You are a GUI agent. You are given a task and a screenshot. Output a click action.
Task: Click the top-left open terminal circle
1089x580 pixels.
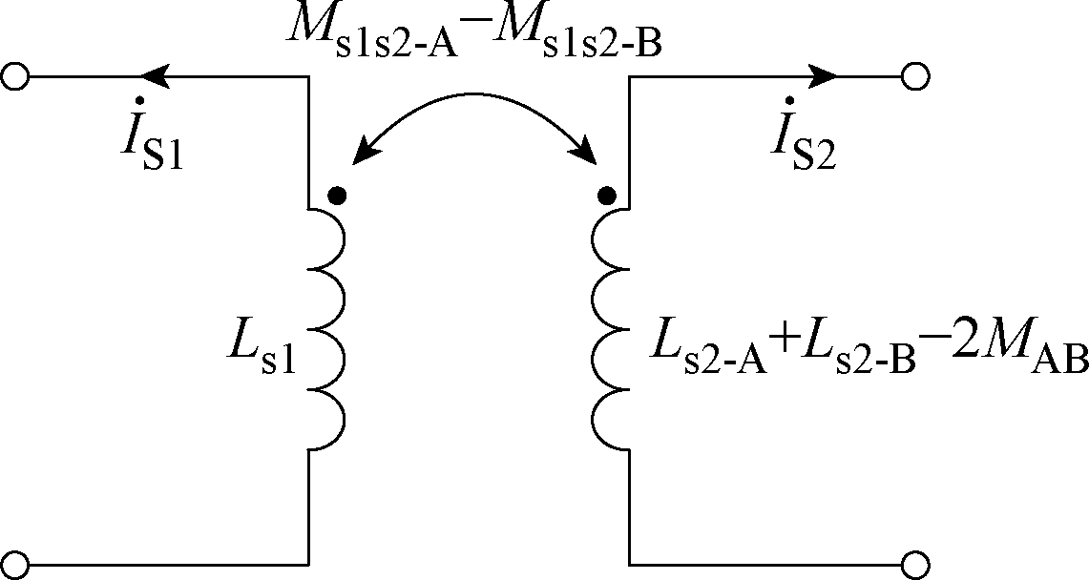point(14,76)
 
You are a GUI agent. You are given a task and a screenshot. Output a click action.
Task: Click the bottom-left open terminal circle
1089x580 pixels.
point(14,565)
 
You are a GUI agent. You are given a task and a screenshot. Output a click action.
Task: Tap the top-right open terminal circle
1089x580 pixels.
point(916,76)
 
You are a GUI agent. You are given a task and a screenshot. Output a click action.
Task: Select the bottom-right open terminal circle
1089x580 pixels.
point(916,565)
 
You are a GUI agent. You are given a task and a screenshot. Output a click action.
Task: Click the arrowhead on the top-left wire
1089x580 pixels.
point(155,76)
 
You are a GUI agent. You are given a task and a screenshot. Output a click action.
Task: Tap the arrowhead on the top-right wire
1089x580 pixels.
point(822,76)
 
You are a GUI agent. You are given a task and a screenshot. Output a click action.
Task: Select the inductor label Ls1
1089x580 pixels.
point(262,350)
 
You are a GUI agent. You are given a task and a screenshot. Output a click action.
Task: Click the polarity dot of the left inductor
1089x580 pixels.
point(337,197)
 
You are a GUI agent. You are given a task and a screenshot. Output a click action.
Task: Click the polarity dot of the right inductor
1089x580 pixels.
point(606,197)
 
